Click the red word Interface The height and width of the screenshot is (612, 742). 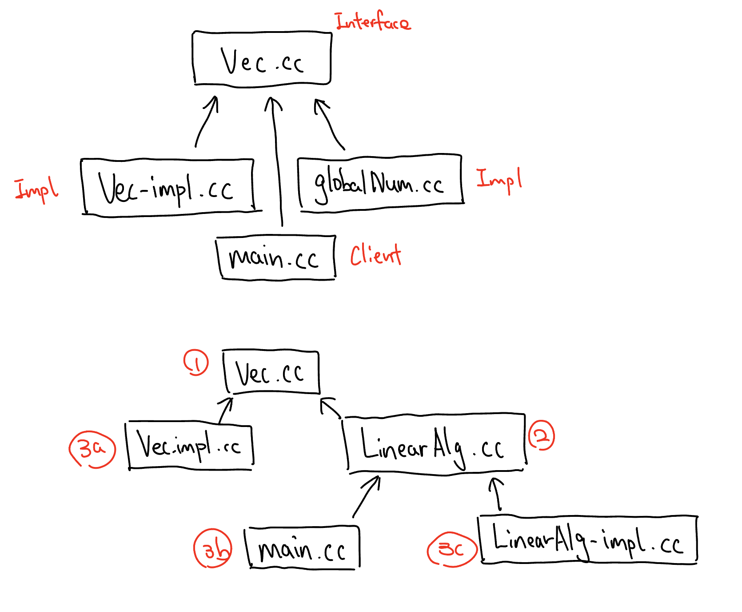pos(372,22)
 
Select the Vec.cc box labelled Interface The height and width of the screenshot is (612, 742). pos(262,59)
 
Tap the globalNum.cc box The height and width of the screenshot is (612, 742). pos(380,183)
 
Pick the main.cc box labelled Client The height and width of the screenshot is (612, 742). pos(276,258)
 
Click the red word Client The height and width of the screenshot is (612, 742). pos(375,255)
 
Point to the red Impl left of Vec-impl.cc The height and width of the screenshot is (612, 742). pos(36,190)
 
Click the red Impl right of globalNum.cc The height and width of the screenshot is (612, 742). pos(499,180)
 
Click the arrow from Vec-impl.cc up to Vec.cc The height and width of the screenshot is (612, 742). pos(206,121)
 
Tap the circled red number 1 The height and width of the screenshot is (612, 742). pos(196,362)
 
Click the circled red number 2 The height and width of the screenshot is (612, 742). pos(541,435)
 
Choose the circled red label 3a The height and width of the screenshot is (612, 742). pos(92,449)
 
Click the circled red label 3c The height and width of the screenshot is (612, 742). pos(452,549)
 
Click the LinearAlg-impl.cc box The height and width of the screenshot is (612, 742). pos(588,540)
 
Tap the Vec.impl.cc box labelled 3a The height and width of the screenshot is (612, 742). pos(190,445)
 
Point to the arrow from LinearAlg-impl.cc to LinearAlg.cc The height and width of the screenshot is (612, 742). pos(497,494)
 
